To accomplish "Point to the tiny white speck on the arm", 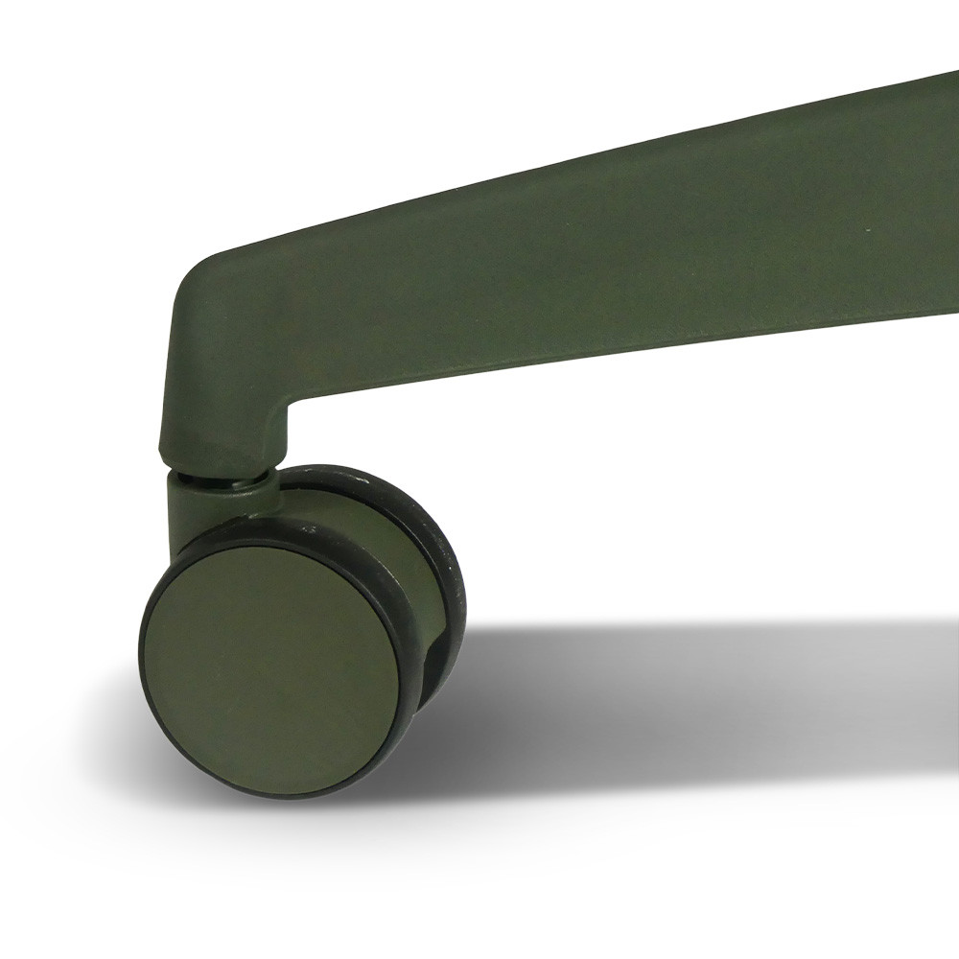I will tap(870, 227).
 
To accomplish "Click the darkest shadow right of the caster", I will tap(499, 662).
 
